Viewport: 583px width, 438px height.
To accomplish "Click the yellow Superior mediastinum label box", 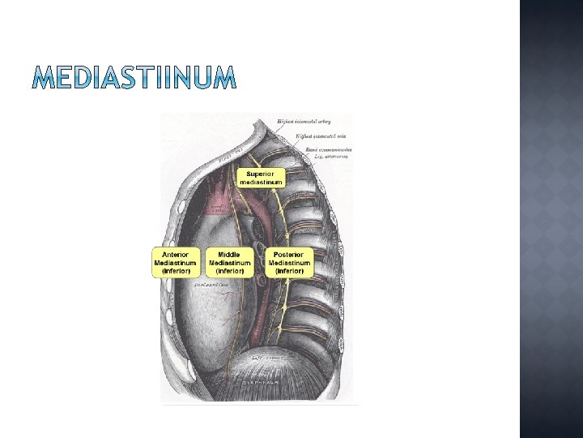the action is click(x=261, y=178).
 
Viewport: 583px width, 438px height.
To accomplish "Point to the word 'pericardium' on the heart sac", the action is click(x=208, y=285).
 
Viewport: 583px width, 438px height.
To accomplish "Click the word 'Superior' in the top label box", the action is click(x=261, y=174).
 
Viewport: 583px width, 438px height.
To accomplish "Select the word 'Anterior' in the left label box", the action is click(x=176, y=255).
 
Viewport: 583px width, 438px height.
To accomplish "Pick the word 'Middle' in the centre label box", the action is click(x=230, y=255).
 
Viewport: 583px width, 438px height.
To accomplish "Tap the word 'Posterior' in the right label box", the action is click(x=289, y=255).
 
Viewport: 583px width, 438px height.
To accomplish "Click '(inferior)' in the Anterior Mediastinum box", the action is click(x=176, y=271).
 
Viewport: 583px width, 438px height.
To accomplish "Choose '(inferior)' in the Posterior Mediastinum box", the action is click(x=289, y=271).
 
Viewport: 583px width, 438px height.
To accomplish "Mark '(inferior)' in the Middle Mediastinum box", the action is click(x=230, y=271).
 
